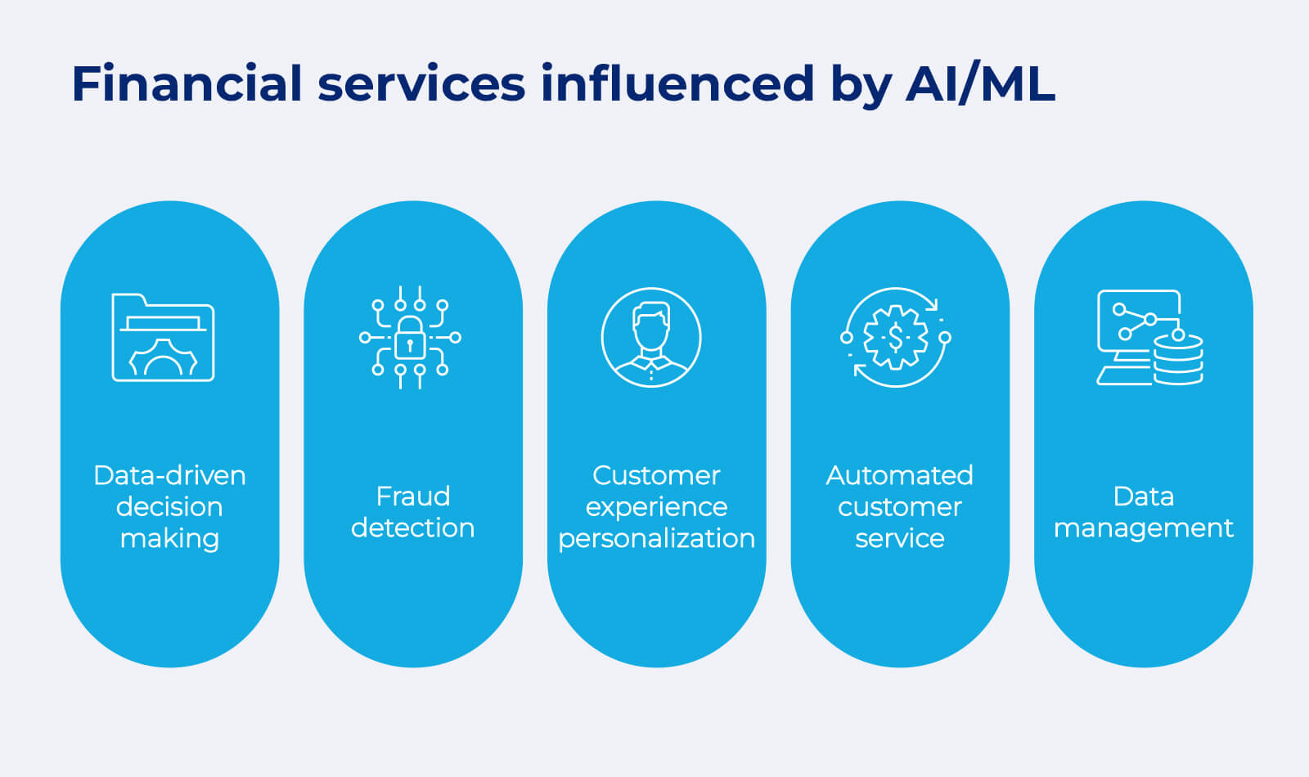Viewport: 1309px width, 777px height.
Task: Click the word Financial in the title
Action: [187, 83]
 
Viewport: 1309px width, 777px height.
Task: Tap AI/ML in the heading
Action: [980, 83]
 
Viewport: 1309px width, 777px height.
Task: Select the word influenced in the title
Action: [677, 83]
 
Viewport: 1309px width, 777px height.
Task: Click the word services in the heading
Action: [421, 83]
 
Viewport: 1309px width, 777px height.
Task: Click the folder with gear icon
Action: [163, 337]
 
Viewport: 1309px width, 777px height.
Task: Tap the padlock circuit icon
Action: [410, 337]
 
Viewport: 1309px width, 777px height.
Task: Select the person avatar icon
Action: [651, 337]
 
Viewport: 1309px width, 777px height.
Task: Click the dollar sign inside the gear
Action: [895, 337]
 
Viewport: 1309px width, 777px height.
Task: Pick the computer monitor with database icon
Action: [1149, 337]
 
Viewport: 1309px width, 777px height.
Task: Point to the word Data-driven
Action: [169, 475]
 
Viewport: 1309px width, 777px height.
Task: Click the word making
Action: [169, 538]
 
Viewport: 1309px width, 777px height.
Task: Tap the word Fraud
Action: [412, 496]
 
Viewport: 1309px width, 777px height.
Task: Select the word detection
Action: [412, 528]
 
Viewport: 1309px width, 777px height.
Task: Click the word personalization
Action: [656, 538]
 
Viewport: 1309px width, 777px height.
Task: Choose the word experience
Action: [656, 507]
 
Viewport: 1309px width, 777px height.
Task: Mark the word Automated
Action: [899, 475]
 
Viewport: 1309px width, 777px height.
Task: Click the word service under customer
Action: [899, 538]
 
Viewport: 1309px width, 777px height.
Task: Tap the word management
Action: [1143, 528]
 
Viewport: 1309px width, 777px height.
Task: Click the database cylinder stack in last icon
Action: [1178, 360]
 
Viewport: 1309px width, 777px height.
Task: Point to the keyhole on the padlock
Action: [410, 345]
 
